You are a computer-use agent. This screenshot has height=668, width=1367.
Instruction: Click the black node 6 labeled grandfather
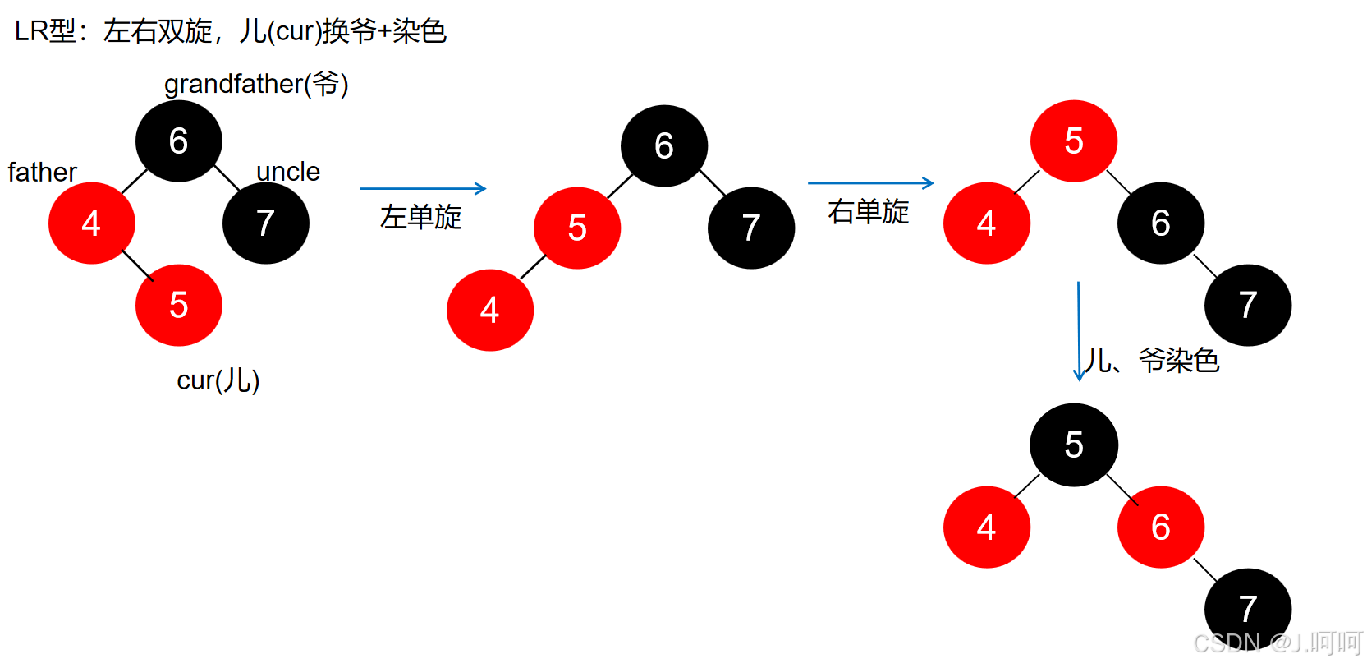(x=178, y=141)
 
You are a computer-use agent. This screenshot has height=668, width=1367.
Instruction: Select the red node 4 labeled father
(x=91, y=223)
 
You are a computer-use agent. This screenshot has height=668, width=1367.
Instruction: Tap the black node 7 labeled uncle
(x=265, y=223)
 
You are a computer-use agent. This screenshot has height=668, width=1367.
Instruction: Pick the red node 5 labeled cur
(x=178, y=305)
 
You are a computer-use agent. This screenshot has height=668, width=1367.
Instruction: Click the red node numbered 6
(x=1160, y=527)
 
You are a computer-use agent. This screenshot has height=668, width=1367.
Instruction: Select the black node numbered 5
(x=1073, y=445)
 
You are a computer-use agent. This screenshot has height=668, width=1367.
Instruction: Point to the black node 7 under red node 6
(x=1247, y=608)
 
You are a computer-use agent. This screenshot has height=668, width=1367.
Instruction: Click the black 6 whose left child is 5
(x=663, y=145)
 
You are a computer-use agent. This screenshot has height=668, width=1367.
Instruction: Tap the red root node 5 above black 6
(x=1073, y=141)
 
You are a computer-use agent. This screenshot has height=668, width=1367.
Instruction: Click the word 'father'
(x=42, y=173)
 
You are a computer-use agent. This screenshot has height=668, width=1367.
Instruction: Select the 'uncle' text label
(x=288, y=172)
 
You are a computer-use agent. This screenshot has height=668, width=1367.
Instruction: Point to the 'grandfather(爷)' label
(x=256, y=84)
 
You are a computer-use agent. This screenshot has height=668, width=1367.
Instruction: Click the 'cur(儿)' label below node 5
(x=218, y=380)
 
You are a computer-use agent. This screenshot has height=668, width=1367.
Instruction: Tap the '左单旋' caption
(x=421, y=217)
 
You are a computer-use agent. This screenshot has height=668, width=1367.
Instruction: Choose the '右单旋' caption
(x=869, y=212)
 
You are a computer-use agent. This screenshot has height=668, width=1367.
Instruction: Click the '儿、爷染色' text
(x=1151, y=360)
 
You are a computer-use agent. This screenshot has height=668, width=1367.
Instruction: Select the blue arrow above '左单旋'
(x=423, y=188)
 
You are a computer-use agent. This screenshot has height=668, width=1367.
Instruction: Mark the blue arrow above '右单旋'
(x=870, y=183)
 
